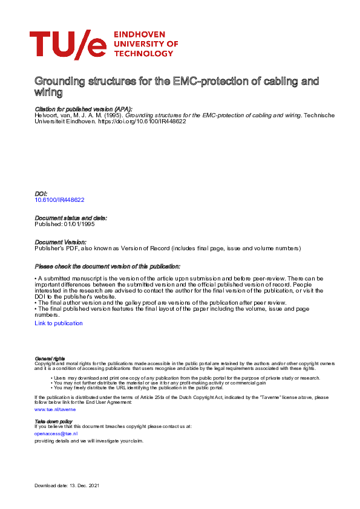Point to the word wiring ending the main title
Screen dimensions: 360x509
[x=49, y=92]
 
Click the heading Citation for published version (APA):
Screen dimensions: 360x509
[x=83, y=109]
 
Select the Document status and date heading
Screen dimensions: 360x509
[x=71, y=218]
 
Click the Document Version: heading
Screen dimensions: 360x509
[x=60, y=242]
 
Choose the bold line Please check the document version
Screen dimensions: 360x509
[x=107, y=267]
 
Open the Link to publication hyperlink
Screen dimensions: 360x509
[x=59, y=323]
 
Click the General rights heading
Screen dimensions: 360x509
[x=50, y=359]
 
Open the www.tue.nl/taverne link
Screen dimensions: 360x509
[x=55, y=409]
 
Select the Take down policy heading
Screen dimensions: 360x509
[x=53, y=421]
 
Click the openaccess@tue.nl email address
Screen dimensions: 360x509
[x=56, y=433]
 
